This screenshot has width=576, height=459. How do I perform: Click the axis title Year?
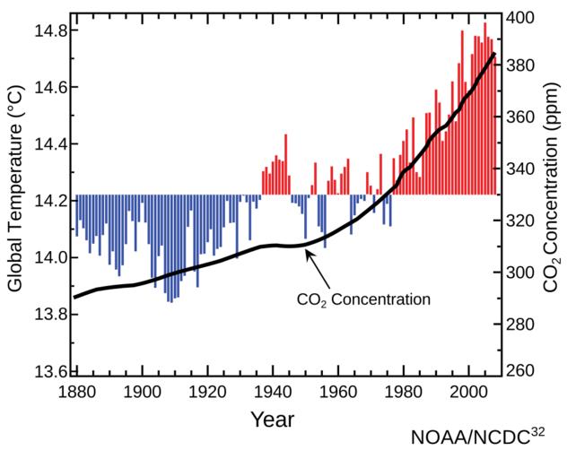[274, 419]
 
